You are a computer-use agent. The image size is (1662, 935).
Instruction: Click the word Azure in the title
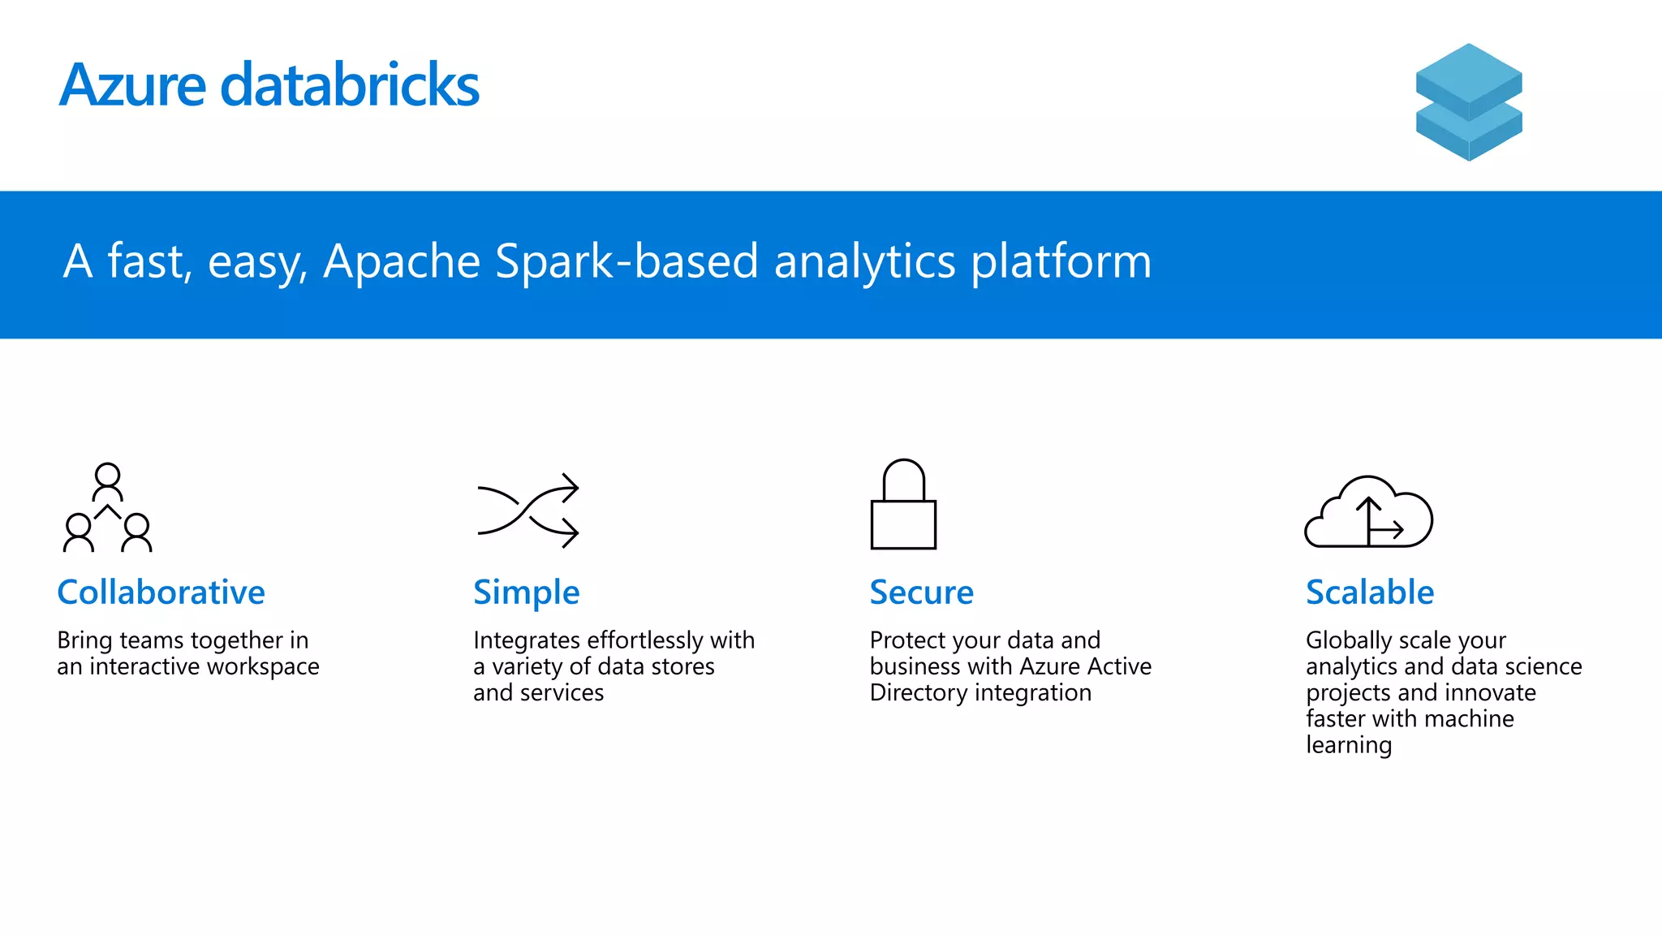tap(133, 85)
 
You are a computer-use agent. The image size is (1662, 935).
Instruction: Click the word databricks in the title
tap(350, 85)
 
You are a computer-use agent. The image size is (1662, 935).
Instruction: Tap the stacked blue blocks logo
tap(1469, 102)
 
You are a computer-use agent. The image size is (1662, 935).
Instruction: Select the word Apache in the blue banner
tap(402, 261)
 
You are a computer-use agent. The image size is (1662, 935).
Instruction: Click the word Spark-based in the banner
tap(626, 261)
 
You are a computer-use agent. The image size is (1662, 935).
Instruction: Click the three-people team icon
tap(108, 508)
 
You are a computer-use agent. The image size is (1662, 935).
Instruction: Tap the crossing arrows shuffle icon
tap(528, 510)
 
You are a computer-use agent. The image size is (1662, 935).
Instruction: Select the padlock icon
tap(903, 505)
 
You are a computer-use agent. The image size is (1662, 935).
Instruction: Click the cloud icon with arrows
tap(1368, 513)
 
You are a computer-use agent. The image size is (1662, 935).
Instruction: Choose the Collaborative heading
tap(161, 592)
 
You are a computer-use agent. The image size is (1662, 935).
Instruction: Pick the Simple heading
tap(526, 593)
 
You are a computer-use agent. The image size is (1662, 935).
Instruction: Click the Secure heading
tap(921, 592)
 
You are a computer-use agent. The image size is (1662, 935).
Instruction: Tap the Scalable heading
tap(1370, 592)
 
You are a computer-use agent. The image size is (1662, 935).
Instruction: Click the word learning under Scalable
tap(1349, 746)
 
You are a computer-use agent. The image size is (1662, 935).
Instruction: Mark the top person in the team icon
tap(108, 481)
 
